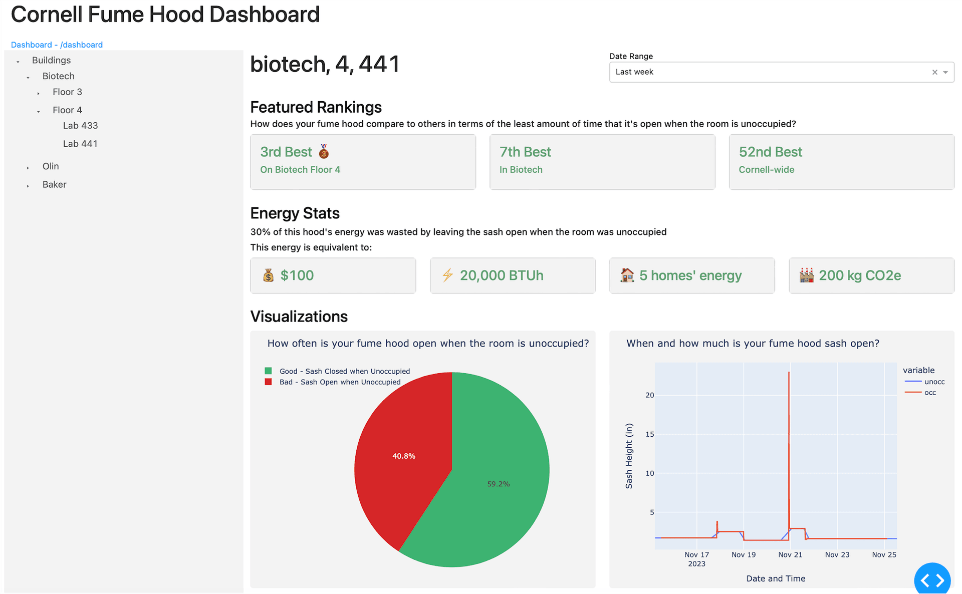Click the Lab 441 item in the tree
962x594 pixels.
pyautogui.click(x=80, y=144)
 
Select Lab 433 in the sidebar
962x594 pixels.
pyautogui.click(x=80, y=126)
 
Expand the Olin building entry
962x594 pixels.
pyautogui.click(x=28, y=167)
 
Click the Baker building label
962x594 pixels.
pyautogui.click(x=54, y=184)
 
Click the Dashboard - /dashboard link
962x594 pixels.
pyautogui.click(x=57, y=45)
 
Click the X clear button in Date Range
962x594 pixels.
pyautogui.click(x=934, y=72)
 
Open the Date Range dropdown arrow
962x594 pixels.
pyautogui.click(x=945, y=72)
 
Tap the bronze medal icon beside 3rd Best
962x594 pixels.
pyautogui.click(x=324, y=151)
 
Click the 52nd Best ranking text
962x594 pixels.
pyautogui.click(x=770, y=152)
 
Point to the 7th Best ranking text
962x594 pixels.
pyautogui.click(x=525, y=152)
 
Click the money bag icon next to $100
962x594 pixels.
pyautogui.click(x=269, y=275)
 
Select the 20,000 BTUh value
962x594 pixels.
pyautogui.click(x=501, y=275)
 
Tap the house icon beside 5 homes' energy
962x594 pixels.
pyautogui.click(x=627, y=275)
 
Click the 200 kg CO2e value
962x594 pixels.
pyautogui.click(x=860, y=275)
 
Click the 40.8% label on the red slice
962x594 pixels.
pyautogui.click(x=403, y=456)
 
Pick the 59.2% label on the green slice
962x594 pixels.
pyautogui.click(x=499, y=484)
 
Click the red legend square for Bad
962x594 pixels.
pyautogui.click(x=268, y=382)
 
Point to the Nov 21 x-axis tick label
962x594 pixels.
pyautogui.click(x=790, y=554)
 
